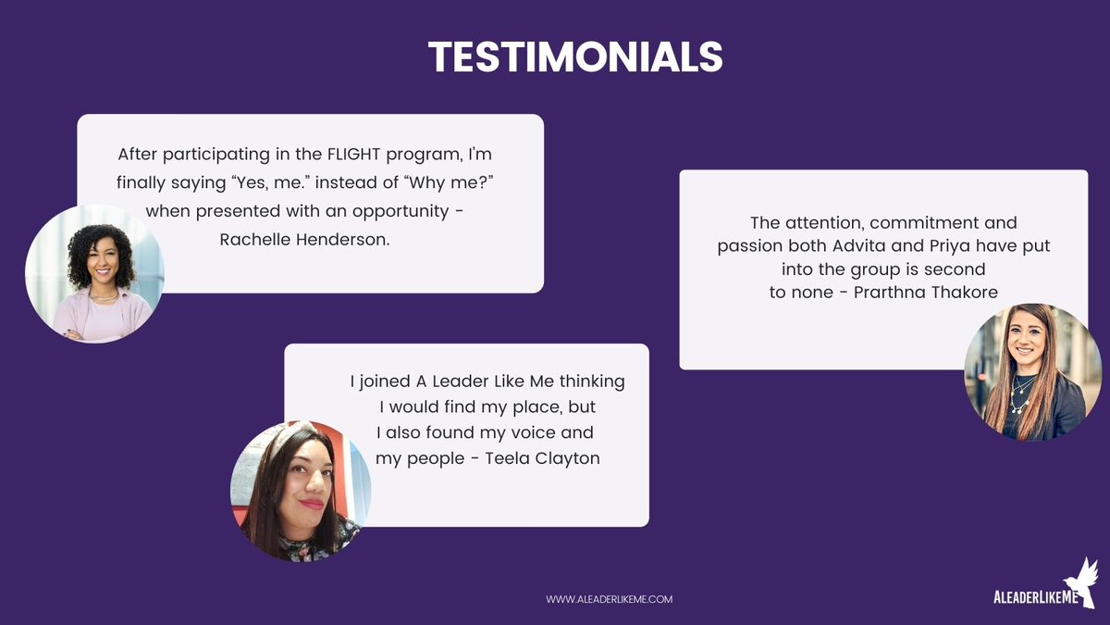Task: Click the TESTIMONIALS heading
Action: [574, 57]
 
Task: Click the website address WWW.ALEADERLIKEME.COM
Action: [609, 599]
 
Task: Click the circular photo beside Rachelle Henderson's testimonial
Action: [94, 274]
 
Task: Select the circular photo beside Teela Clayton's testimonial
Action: [300, 491]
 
